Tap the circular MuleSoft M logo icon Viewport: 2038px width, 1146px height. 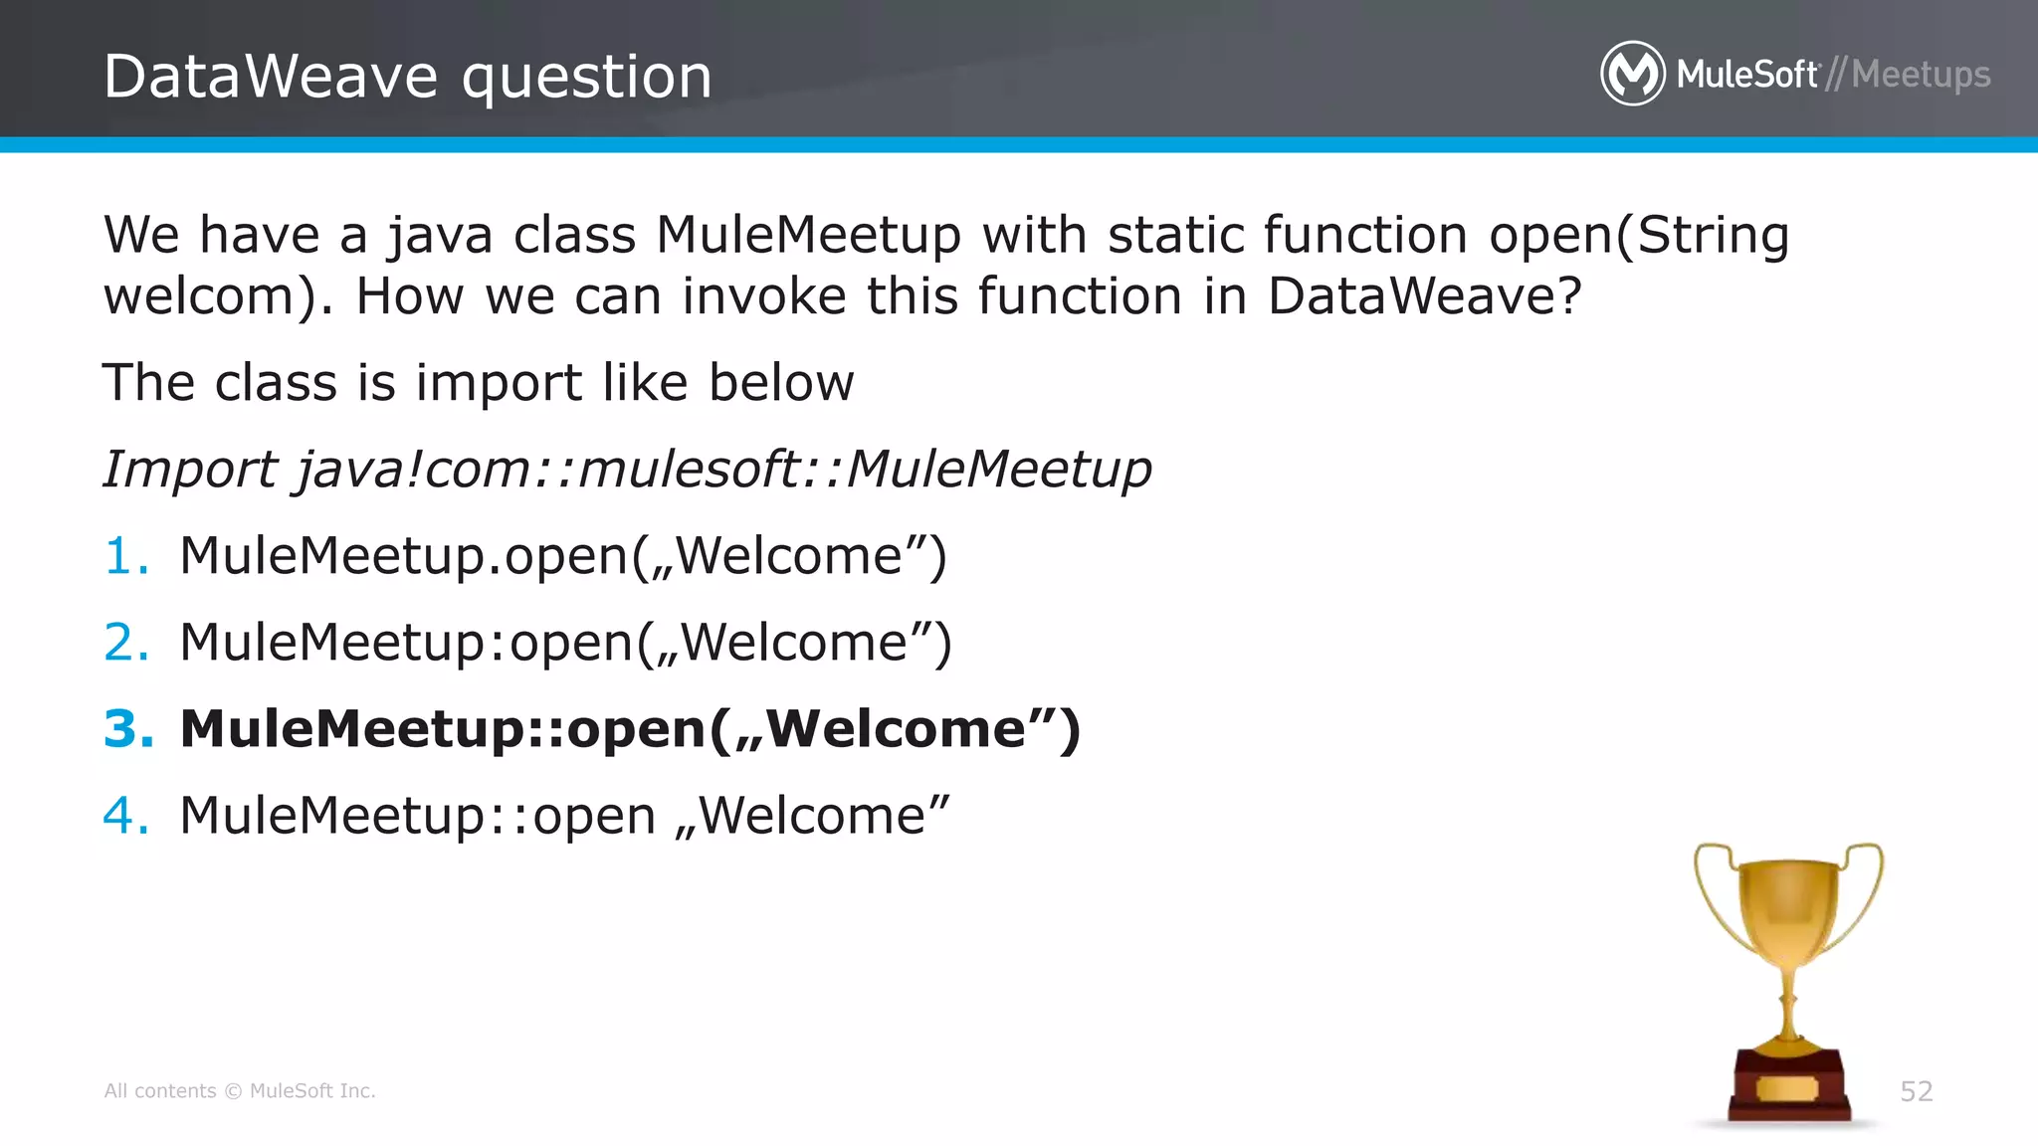coord(1632,74)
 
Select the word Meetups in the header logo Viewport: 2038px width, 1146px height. coord(1921,75)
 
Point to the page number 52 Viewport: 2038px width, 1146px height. coord(1916,1091)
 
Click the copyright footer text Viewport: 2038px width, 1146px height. coord(240,1091)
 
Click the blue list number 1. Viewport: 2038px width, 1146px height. coord(125,556)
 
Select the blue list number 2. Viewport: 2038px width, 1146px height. coord(125,643)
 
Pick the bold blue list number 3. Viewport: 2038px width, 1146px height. coord(128,729)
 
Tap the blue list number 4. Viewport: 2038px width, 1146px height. coord(125,816)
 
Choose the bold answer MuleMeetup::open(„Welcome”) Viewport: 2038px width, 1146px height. coord(630,729)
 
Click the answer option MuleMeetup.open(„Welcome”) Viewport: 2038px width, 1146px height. coord(563,556)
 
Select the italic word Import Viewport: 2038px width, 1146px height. coord(190,470)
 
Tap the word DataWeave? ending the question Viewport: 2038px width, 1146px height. coord(1424,296)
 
